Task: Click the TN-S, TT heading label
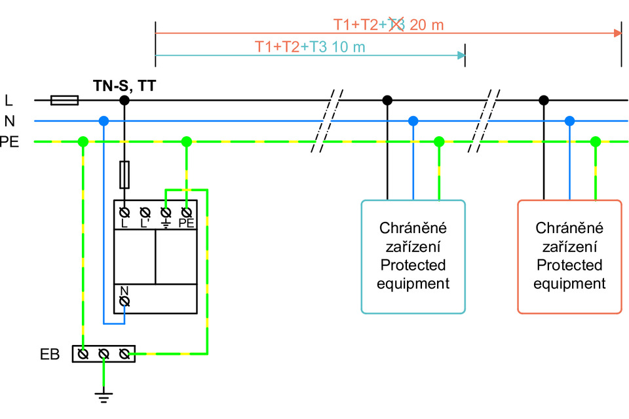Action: (124, 86)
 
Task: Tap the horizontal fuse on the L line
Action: (65, 100)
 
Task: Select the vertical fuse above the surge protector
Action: (124, 175)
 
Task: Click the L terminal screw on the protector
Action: (124, 212)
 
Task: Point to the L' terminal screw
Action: (145, 212)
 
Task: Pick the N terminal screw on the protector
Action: (124, 302)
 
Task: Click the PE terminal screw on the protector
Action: (186, 212)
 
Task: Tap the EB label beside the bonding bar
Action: (50, 354)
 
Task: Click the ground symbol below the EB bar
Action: (104, 397)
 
